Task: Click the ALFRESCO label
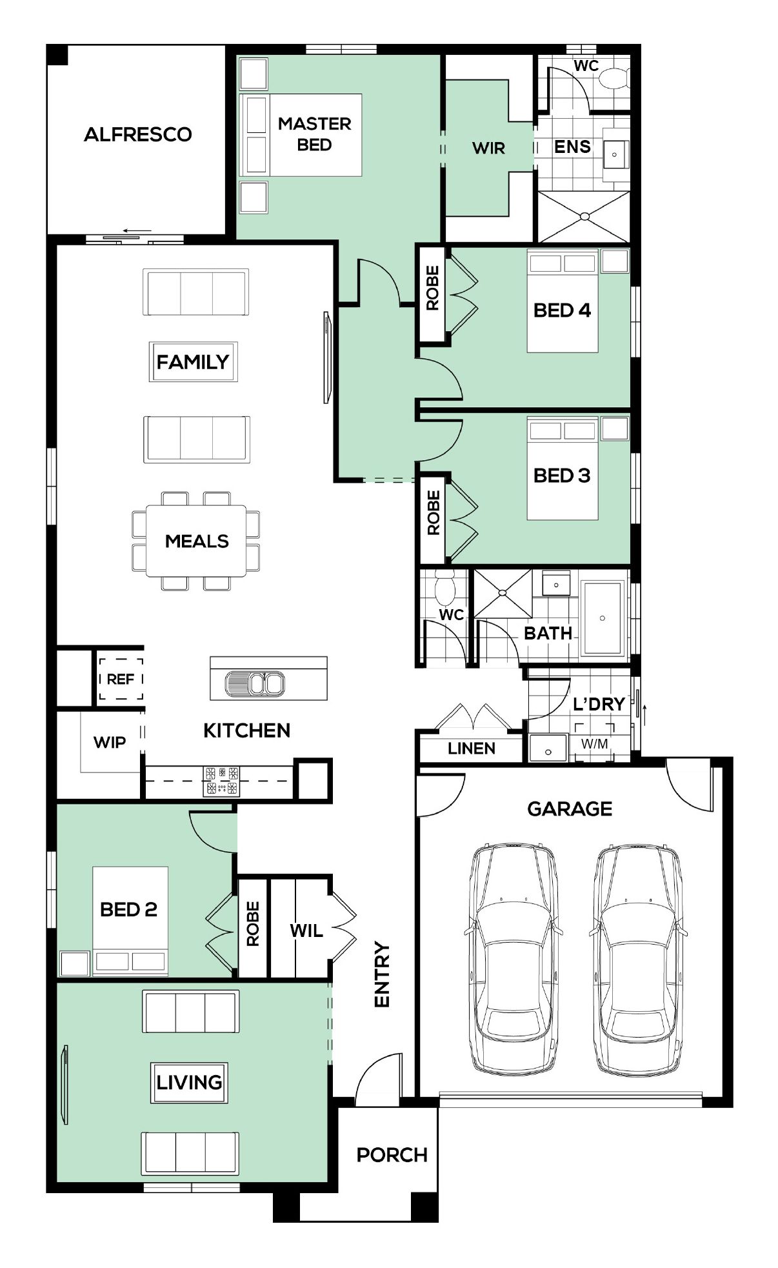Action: coord(138,134)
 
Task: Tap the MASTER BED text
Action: coord(315,134)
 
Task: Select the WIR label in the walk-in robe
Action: coord(488,148)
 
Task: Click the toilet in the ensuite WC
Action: coord(612,79)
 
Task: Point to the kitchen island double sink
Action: coord(255,684)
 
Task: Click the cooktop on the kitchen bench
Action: coord(221,781)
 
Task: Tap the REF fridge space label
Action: coord(121,679)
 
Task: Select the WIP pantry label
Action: coord(110,742)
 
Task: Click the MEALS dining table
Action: coord(196,541)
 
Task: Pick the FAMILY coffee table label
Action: coord(193,362)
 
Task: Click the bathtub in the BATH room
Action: coord(603,618)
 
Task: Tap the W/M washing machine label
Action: coord(594,744)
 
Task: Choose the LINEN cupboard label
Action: coord(472,749)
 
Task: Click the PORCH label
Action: coord(392,1155)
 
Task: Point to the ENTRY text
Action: coord(383,975)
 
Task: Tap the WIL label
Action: coord(306,931)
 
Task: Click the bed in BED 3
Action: coord(563,468)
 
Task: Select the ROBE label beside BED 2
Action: coord(252,924)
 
